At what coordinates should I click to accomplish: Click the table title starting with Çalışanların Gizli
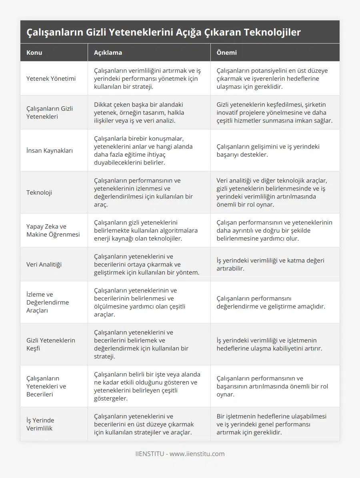tap(164, 32)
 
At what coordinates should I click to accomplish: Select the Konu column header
tap(34, 52)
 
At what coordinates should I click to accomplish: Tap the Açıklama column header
tap(108, 52)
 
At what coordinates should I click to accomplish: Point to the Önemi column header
tap(226, 52)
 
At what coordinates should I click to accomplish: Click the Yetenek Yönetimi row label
tap(51, 78)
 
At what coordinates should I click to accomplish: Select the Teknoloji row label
tap(39, 192)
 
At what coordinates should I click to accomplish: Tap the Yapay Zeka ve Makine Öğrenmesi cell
tap(53, 230)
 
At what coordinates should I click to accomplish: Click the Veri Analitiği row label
tap(44, 264)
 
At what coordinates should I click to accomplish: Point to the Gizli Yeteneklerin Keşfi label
tap(51, 344)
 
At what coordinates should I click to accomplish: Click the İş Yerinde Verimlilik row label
tap(40, 424)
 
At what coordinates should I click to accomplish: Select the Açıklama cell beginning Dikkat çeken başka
tap(139, 112)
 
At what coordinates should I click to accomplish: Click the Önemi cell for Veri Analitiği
tap(270, 264)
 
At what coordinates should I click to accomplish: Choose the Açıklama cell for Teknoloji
tap(144, 192)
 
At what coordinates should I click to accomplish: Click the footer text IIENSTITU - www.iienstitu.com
tap(180, 454)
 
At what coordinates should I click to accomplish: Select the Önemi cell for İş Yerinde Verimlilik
tap(271, 424)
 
